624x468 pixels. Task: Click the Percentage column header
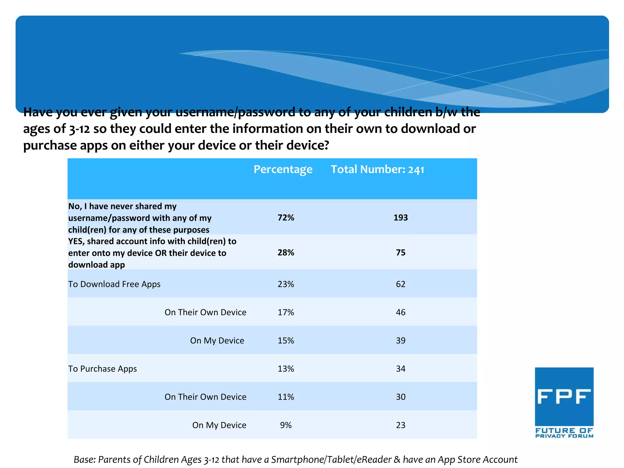(283, 169)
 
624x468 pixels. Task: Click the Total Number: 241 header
(378, 169)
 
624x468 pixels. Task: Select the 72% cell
(286, 218)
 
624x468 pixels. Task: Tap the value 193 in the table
(400, 218)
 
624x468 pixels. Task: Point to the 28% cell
(286, 253)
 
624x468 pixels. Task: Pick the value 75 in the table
(400, 253)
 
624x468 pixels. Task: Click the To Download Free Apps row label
(114, 284)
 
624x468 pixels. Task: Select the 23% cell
(286, 284)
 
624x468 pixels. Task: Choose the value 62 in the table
(400, 284)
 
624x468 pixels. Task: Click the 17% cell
(286, 312)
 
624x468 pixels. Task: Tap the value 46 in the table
(400, 312)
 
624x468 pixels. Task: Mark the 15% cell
(286, 341)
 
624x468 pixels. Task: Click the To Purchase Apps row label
(102, 369)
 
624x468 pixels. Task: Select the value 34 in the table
(400, 369)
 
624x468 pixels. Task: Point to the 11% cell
(286, 397)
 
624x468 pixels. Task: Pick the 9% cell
(286, 425)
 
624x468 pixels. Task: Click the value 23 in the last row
(400, 425)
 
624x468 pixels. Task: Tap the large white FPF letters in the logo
(564, 396)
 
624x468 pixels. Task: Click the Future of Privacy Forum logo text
(564, 433)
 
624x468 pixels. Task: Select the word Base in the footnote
(84, 459)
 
